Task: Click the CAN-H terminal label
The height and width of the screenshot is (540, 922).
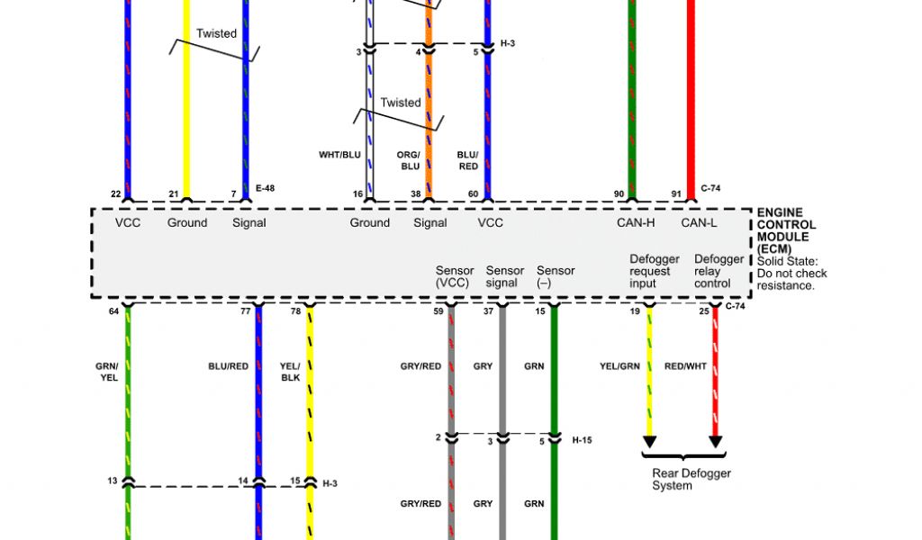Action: [x=636, y=222]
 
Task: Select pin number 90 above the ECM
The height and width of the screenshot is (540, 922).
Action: [x=619, y=193]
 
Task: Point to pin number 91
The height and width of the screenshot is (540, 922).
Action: [x=676, y=193]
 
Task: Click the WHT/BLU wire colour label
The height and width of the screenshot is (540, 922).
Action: [x=339, y=155]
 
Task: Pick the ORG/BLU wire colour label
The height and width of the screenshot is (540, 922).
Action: [x=409, y=160]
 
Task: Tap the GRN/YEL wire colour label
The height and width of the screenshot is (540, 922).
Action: [x=107, y=372]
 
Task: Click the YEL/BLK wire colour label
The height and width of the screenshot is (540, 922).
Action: [x=290, y=372]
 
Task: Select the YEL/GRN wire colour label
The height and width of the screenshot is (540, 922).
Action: [x=619, y=366]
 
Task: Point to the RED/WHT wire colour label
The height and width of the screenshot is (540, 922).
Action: [x=685, y=366]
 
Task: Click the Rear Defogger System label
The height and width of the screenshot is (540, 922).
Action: [x=691, y=479]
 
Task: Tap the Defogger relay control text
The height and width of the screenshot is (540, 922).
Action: [x=719, y=271]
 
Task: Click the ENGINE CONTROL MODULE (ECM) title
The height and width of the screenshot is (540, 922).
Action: [x=786, y=230]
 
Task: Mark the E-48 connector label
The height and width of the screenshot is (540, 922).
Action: [x=265, y=188]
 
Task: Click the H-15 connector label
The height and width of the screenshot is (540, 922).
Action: [x=583, y=440]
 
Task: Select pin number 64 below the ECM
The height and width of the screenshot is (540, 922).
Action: [x=113, y=311]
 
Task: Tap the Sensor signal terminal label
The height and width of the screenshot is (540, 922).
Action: [x=504, y=276]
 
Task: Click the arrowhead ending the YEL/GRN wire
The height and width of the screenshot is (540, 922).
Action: [x=649, y=442]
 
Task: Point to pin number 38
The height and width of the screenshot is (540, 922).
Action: [x=417, y=193]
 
